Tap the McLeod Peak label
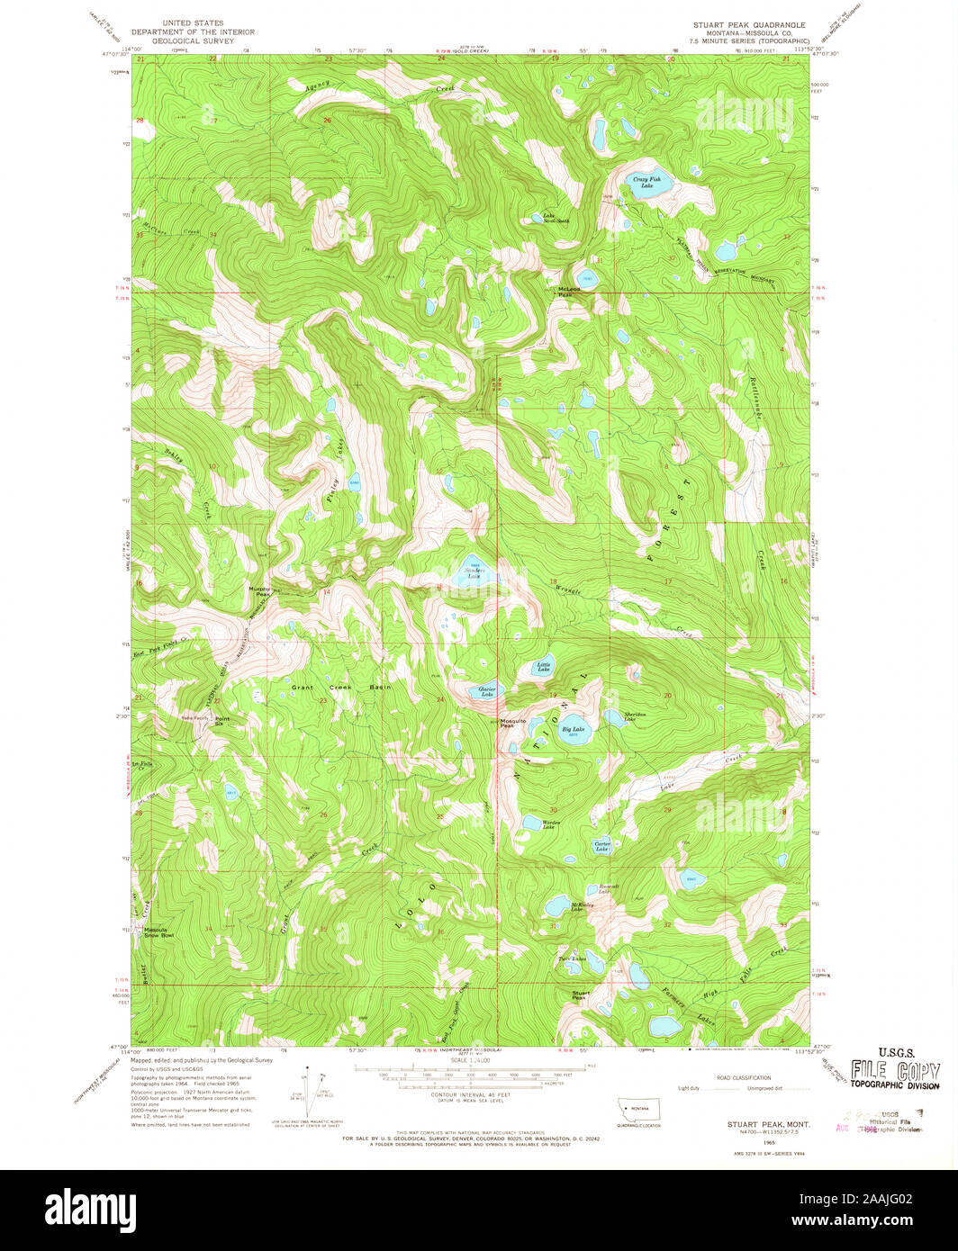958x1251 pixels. pyautogui.click(x=565, y=292)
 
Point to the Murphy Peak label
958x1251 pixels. pyautogui.click(x=259, y=591)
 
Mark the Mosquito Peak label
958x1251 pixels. pyautogui.click(x=512, y=723)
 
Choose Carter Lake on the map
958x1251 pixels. pyautogui.click(x=602, y=846)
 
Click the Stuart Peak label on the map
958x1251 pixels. pyautogui.click(x=579, y=996)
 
